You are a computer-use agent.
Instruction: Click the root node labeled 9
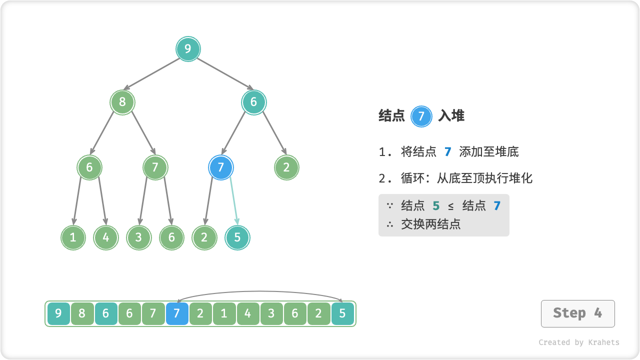pyautogui.click(x=188, y=49)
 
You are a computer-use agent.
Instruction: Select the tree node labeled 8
pyautogui.click(x=122, y=102)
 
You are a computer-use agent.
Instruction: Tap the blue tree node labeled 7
pyautogui.click(x=221, y=167)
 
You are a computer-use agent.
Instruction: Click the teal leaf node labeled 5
pyautogui.click(x=237, y=238)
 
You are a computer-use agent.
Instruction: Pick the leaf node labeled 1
pyautogui.click(x=73, y=238)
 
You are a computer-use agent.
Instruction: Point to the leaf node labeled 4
pyautogui.click(x=106, y=238)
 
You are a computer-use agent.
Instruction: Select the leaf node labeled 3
pyautogui.click(x=138, y=238)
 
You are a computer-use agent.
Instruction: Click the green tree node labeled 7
pyautogui.click(x=155, y=167)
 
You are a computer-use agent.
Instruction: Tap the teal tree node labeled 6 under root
pyautogui.click(x=253, y=102)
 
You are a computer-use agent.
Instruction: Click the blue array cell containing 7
pyautogui.click(x=177, y=314)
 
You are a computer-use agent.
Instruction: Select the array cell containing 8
pyautogui.click(x=82, y=314)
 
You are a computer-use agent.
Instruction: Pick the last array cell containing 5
pyautogui.click(x=342, y=314)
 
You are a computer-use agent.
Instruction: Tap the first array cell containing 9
pyautogui.click(x=58, y=314)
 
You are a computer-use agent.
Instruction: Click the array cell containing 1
pyautogui.click(x=224, y=314)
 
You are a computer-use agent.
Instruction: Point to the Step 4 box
pyautogui.click(x=577, y=313)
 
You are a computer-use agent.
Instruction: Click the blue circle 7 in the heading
pyautogui.click(x=421, y=116)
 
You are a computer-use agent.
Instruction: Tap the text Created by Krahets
pyautogui.click(x=578, y=342)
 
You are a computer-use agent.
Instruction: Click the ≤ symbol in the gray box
pyautogui.click(x=451, y=206)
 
